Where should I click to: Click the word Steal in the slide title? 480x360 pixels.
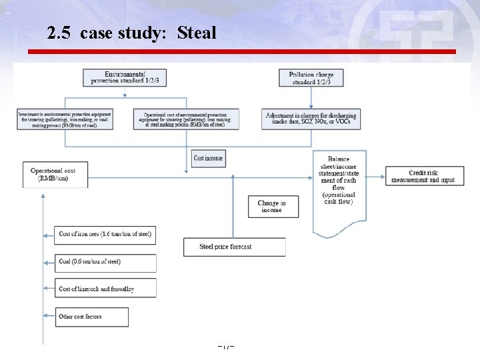coord(197,33)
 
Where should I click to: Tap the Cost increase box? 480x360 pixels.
coord(208,158)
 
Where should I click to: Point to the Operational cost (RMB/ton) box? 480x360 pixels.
coord(55,175)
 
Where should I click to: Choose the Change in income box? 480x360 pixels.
coord(273,206)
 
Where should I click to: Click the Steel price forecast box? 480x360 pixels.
coord(234,247)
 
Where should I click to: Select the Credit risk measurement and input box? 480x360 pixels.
coord(424,177)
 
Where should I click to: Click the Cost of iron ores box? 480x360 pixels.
coord(105,235)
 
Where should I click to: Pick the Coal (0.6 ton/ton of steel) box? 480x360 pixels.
coord(105,262)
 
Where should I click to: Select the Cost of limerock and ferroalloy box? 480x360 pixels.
coord(105,289)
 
